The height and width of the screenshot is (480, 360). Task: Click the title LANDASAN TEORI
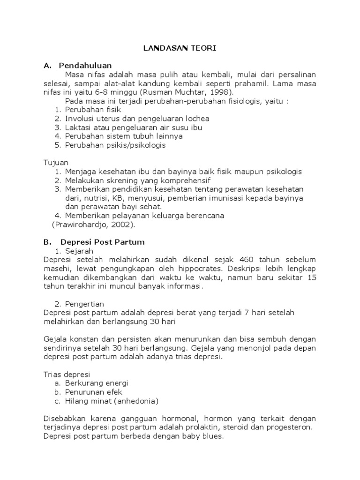(180, 48)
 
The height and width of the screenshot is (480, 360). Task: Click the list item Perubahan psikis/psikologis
(115, 145)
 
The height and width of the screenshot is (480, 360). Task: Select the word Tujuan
(55, 163)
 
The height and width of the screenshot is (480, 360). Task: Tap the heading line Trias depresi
(66, 375)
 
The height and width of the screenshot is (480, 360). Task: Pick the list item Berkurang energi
(97, 383)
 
